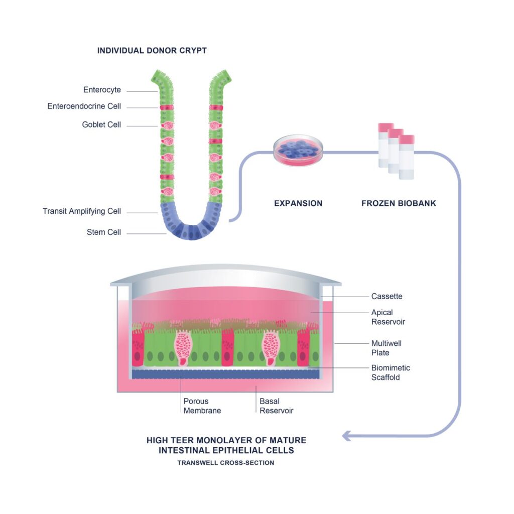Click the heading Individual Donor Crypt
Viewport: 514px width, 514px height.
point(152,51)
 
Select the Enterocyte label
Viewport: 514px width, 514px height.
point(102,90)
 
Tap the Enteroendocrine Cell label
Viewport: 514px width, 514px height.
point(84,106)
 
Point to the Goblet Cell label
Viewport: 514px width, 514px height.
point(101,124)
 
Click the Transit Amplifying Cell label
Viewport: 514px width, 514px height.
point(82,211)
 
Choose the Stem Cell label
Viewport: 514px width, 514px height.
point(104,232)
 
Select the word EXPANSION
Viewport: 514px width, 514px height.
point(298,204)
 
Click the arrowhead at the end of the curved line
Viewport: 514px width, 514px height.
point(346,436)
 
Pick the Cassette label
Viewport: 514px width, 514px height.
point(387,296)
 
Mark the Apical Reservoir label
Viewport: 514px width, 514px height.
point(388,317)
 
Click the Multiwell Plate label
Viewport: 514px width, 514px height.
point(386,348)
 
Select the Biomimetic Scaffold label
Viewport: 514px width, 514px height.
point(390,372)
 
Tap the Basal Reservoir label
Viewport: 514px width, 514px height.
point(276,406)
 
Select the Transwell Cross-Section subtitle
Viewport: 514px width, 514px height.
point(226,463)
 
